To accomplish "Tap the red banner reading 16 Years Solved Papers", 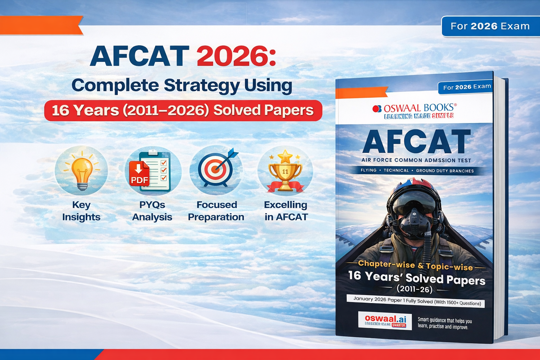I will coord(183,110).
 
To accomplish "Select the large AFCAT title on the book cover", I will coord(416,142).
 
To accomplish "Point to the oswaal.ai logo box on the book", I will coord(385,320).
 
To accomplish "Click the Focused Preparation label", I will coord(216,211).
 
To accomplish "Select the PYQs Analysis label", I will coord(152,211).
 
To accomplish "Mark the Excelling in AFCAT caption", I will coord(286,211).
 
